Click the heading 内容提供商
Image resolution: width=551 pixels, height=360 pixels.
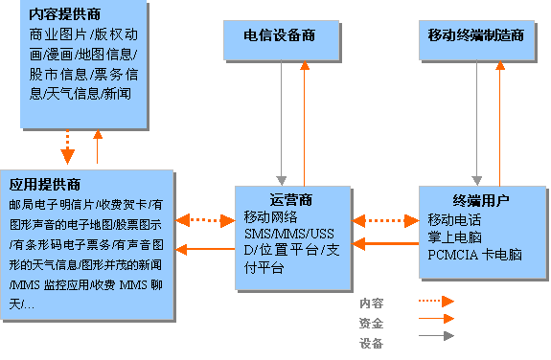(x=64, y=14)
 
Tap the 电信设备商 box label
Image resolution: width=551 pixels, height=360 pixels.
(x=280, y=35)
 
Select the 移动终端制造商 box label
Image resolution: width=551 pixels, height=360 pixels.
(x=476, y=35)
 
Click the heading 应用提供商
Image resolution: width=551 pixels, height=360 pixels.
(x=45, y=185)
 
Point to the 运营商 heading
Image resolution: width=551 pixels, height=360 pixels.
(x=291, y=200)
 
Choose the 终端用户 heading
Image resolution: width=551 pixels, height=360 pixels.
(x=481, y=200)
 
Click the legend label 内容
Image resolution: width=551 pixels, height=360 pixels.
(x=371, y=304)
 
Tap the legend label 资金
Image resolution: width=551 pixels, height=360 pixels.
(x=371, y=323)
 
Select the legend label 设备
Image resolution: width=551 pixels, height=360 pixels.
(x=371, y=343)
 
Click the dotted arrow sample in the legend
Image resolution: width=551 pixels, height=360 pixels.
(x=436, y=301)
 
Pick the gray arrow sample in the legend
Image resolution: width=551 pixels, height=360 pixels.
(x=436, y=336)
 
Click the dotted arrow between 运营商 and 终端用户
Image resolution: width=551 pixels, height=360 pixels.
(x=385, y=221)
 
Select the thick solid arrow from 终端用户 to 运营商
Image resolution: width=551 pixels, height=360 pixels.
(x=385, y=243)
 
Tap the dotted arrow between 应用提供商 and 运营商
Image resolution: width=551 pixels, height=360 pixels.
(x=205, y=220)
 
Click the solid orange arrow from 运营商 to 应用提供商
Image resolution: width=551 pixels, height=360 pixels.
(x=205, y=249)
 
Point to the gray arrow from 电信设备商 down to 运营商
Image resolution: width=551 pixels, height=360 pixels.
(x=281, y=123)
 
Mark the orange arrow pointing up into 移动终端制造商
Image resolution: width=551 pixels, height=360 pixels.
(x=499, y=124)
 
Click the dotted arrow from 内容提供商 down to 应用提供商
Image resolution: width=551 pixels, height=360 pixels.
(x=67, y=146)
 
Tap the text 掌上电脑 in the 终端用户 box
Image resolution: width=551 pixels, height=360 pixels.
(x=455, y=237)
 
